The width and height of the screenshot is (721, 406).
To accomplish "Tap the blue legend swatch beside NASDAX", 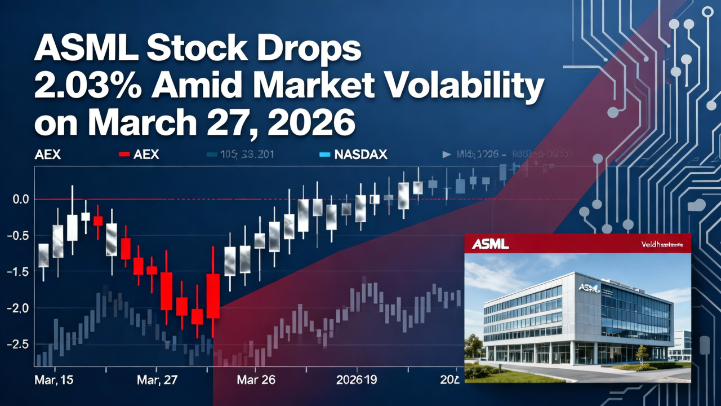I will click(323, 154).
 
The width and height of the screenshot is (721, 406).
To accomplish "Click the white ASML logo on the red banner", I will click(490, 244).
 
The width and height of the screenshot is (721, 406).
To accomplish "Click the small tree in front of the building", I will click(642, 353).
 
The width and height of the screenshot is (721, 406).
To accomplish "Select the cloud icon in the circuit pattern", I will click(696, 205).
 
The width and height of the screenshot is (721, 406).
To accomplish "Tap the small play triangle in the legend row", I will click(447, 154).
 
